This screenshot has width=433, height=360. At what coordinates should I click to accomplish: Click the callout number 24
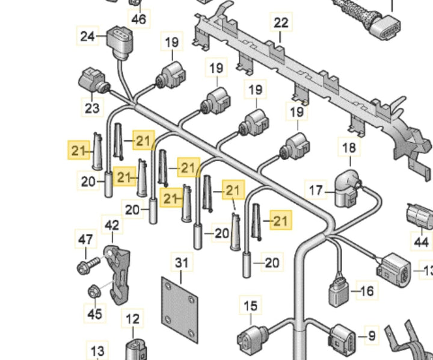click(x=88, y=37)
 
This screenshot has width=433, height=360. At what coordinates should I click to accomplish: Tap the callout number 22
click(x=281, y=23)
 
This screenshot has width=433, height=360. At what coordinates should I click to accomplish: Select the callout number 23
click(x=91, y=108)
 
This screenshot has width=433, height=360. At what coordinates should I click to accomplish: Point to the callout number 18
click(x=349, y=147)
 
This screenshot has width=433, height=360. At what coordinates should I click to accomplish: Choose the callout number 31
click(x=182, y=262)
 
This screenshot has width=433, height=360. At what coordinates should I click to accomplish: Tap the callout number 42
click(x=112, y=226)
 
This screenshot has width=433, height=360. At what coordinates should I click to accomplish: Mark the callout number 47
click(x=85, y=239)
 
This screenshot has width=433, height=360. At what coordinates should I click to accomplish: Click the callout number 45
click(x=94, y=313)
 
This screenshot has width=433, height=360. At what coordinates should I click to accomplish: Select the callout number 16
click(x=366, y=291)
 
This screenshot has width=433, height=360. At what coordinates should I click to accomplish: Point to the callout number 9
click(x=371, y=335)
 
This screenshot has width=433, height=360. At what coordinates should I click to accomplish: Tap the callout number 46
click(x=139, y=19)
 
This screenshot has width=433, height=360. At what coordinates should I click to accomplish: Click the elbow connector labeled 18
click(x=348, y=182)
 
